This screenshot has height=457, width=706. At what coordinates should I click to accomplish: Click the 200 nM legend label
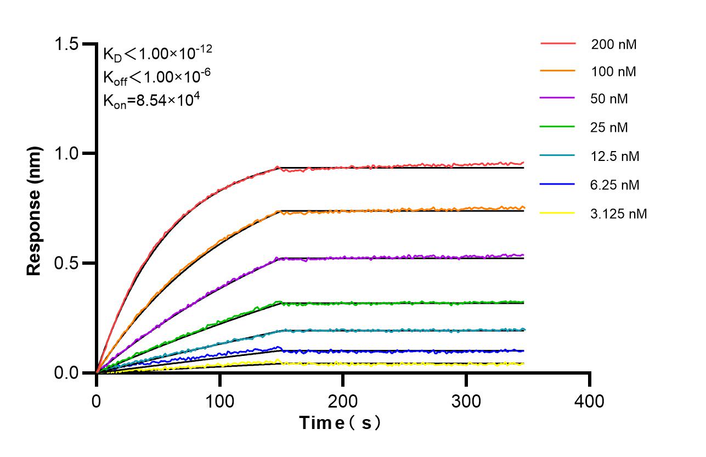613,44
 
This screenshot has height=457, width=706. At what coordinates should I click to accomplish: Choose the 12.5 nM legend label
615,157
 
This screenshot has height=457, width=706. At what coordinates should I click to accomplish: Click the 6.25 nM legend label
615,185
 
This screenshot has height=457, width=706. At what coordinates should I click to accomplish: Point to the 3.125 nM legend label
619,214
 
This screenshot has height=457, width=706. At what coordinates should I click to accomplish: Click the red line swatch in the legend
557,43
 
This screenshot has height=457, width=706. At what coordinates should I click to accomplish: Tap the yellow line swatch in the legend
557,213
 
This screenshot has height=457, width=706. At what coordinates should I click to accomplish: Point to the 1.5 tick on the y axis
69,44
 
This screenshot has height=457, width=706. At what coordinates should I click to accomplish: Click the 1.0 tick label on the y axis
69,153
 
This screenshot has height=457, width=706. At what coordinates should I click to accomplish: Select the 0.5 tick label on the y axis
69,263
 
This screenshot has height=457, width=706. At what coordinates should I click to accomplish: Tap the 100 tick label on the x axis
219,401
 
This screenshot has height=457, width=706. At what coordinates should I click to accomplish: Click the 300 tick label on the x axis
466,401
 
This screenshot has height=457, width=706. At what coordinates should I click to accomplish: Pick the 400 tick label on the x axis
590,401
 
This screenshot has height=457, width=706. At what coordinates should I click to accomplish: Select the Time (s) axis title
340,423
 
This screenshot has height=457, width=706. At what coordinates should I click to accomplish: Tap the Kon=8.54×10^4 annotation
146,101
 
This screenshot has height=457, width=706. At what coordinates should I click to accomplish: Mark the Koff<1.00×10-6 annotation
154,77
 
